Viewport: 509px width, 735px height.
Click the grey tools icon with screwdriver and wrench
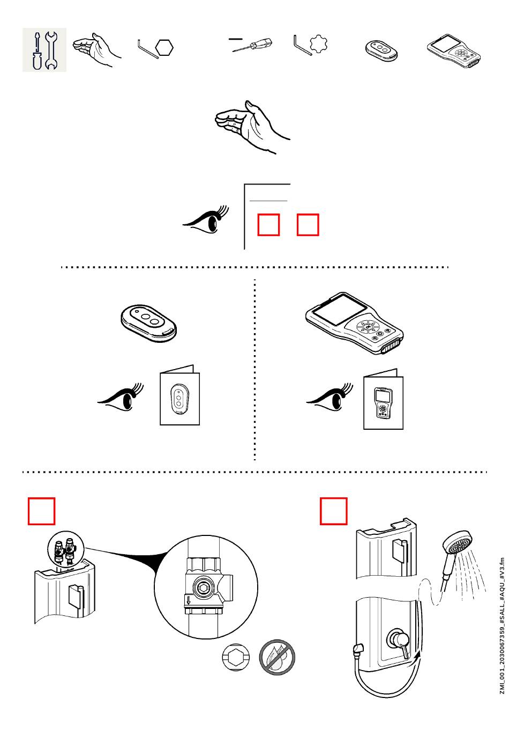[44, 50]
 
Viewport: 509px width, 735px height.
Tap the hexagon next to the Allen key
[164, 48]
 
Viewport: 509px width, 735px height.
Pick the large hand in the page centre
[251, 126]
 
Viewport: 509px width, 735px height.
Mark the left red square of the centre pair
[268, 225]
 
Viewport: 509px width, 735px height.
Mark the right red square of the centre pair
[308, 225]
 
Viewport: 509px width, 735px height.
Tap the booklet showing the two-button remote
[179, 397]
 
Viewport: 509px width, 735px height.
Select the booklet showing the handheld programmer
[383, 400]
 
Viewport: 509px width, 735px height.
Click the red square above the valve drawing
[42, 511]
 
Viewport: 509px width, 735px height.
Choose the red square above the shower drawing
[333, 511]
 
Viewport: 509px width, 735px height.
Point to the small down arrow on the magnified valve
[189, 600]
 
